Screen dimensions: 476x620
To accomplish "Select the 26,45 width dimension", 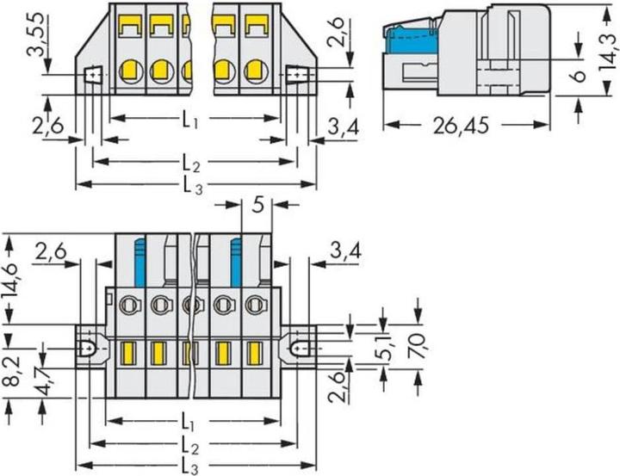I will click(x=461, y=127).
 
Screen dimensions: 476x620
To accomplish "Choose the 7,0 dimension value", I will click(x=418, y=342).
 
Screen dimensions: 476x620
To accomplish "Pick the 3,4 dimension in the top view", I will click(x=344, y=128).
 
